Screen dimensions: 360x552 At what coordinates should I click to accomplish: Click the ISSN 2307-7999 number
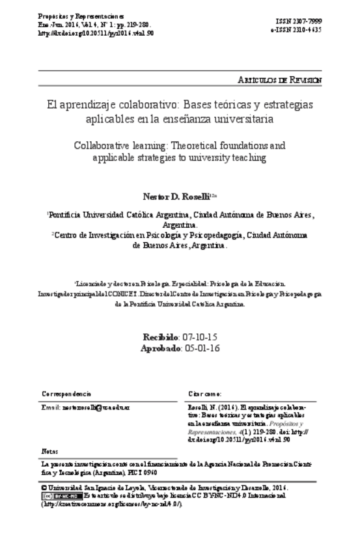(x=298, y=22)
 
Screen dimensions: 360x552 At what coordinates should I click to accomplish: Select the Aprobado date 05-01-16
(x=202, y=348)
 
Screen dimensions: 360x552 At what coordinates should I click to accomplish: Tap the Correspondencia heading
(x=66, y=395)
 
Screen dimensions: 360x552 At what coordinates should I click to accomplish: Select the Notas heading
(x=49, y=450)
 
